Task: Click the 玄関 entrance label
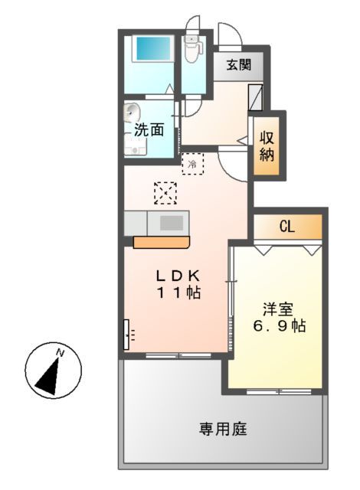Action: [x=238, y=66]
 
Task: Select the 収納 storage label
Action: [x=267, y=146]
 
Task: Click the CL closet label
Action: [x=287, y=226]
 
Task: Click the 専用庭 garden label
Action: [x=223, y=429]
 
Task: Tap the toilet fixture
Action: [x=192, y=48]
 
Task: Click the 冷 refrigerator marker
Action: [x=192, y=163]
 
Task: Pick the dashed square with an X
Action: [x=165, y=193]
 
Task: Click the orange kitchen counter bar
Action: [x=161, y=243]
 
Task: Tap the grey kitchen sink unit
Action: [x=171, y=223]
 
